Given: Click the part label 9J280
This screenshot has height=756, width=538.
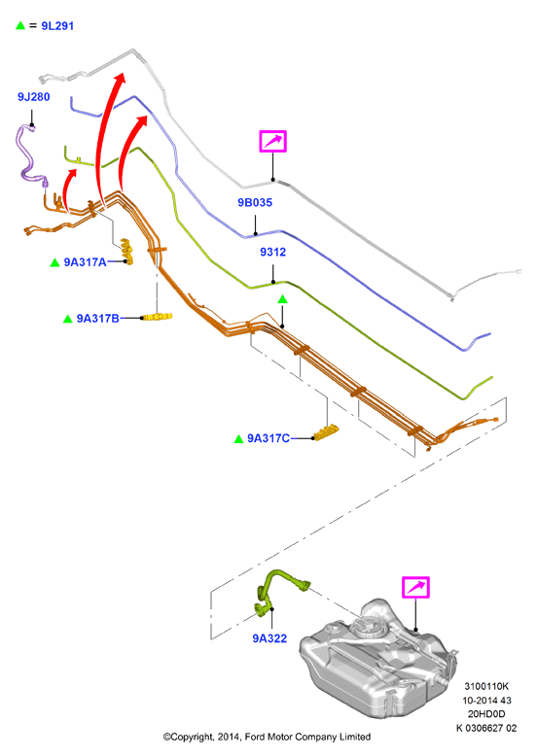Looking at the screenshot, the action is tap(34, 97).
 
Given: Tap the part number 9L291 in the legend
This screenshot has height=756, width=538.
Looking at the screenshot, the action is tap(57, 26).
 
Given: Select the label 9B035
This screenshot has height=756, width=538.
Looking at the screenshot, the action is tap(255, 202).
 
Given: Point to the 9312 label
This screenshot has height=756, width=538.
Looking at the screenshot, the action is tap(272, 252).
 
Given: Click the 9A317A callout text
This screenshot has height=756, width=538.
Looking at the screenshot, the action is tap(85, 262).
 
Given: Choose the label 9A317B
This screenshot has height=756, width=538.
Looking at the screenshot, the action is tap(97, 319).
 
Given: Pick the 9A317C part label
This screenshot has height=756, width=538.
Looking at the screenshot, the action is tap(269, 438).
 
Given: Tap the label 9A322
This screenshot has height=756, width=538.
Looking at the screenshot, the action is tap(269, 638).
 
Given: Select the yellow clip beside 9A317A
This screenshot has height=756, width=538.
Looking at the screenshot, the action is tap(127, 251).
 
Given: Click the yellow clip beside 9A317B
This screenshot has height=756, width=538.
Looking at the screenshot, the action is tap(158, 317).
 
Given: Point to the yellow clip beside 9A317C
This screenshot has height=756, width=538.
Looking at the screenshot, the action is tap(326, 432).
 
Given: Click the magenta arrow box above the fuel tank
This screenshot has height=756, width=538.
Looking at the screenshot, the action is tap(415, 588).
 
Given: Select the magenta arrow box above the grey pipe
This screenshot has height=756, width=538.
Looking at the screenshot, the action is tap(273, 141).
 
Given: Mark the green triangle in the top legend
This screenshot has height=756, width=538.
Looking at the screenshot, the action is tap(20, 25).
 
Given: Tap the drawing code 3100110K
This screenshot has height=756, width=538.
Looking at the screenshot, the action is tap(486, 686).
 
